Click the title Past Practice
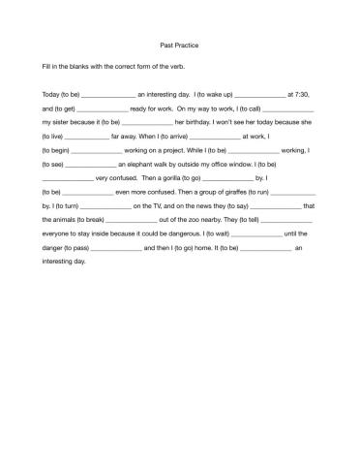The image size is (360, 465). click(179, 46)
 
